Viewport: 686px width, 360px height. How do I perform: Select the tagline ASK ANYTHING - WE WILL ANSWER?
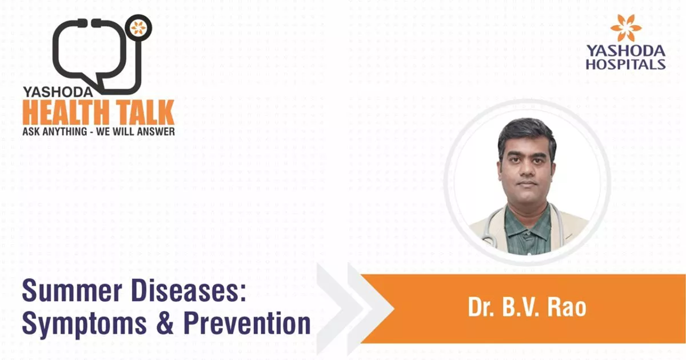(98, 131)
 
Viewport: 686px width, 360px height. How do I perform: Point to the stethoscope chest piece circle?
(137, 27)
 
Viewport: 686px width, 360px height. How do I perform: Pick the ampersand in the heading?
(158, 325)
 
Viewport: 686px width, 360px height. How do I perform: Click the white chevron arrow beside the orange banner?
(372, 309)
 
